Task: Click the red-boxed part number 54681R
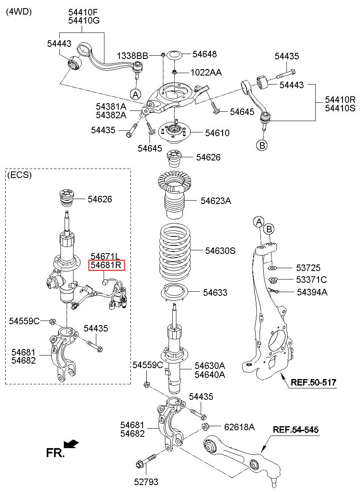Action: pos(106,266)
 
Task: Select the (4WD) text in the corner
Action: pos(18,12)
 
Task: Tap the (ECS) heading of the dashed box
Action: pos(19,175)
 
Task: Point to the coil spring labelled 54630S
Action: pos(173,250)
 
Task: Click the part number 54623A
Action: pos(216,201)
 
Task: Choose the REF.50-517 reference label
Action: pos(313,382)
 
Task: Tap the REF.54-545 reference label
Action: pos(295,429)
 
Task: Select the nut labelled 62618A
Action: pos(205,427)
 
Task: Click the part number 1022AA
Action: pos(206,73)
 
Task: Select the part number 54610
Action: pos(217,133)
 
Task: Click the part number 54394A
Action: pos(312,292)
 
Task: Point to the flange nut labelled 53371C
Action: pos(273,280)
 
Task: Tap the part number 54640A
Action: pos(209,375)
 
